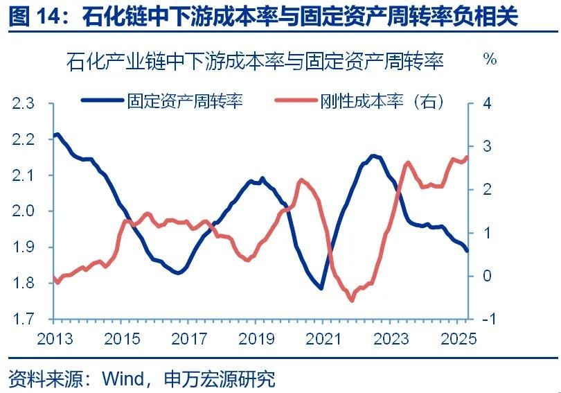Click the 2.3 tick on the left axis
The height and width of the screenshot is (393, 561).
click(23, 103)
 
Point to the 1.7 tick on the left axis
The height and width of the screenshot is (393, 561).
click(23, 320)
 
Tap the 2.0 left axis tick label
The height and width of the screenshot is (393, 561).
click(23, 211)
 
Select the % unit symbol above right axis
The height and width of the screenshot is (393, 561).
click(490, 60)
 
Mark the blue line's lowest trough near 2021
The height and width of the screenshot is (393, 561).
click(321, 288)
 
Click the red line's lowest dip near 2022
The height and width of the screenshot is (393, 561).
click(351, 300)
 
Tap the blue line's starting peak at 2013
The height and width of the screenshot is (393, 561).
click(57, 134)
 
